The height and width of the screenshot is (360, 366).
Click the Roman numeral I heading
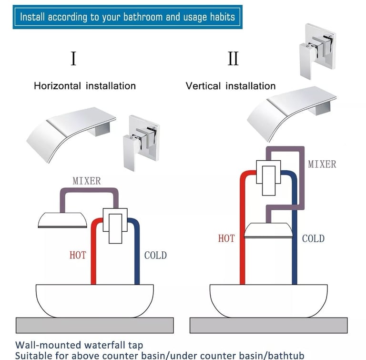tap(73, 58)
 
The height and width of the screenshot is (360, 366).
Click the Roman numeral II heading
tap(233, 58)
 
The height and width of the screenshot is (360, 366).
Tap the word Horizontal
tap(57, 86)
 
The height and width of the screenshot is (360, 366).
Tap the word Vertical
tap(203, 86)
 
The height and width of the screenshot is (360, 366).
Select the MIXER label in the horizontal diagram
tap(87, 181)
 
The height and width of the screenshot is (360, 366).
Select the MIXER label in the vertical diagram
tap(322, 164)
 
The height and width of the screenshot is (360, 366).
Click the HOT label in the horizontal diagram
tap(78, 255)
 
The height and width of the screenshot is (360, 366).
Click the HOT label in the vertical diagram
tap(226, 238)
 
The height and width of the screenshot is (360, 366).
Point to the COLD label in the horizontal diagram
tap(155, 255)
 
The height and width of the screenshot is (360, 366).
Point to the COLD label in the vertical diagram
tap(313, 238)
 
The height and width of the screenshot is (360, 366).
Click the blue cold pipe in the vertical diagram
tap(295, 234)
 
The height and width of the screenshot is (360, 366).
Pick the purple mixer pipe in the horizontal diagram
tap(89, 190)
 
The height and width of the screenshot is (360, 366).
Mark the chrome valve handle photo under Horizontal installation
tap(141, 143)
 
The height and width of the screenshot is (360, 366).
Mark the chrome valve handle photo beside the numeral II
tap(318, 51)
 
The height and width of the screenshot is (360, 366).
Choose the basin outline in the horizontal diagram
tap(94, 301)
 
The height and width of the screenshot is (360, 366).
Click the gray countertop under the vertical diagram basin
tap(268, 325)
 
